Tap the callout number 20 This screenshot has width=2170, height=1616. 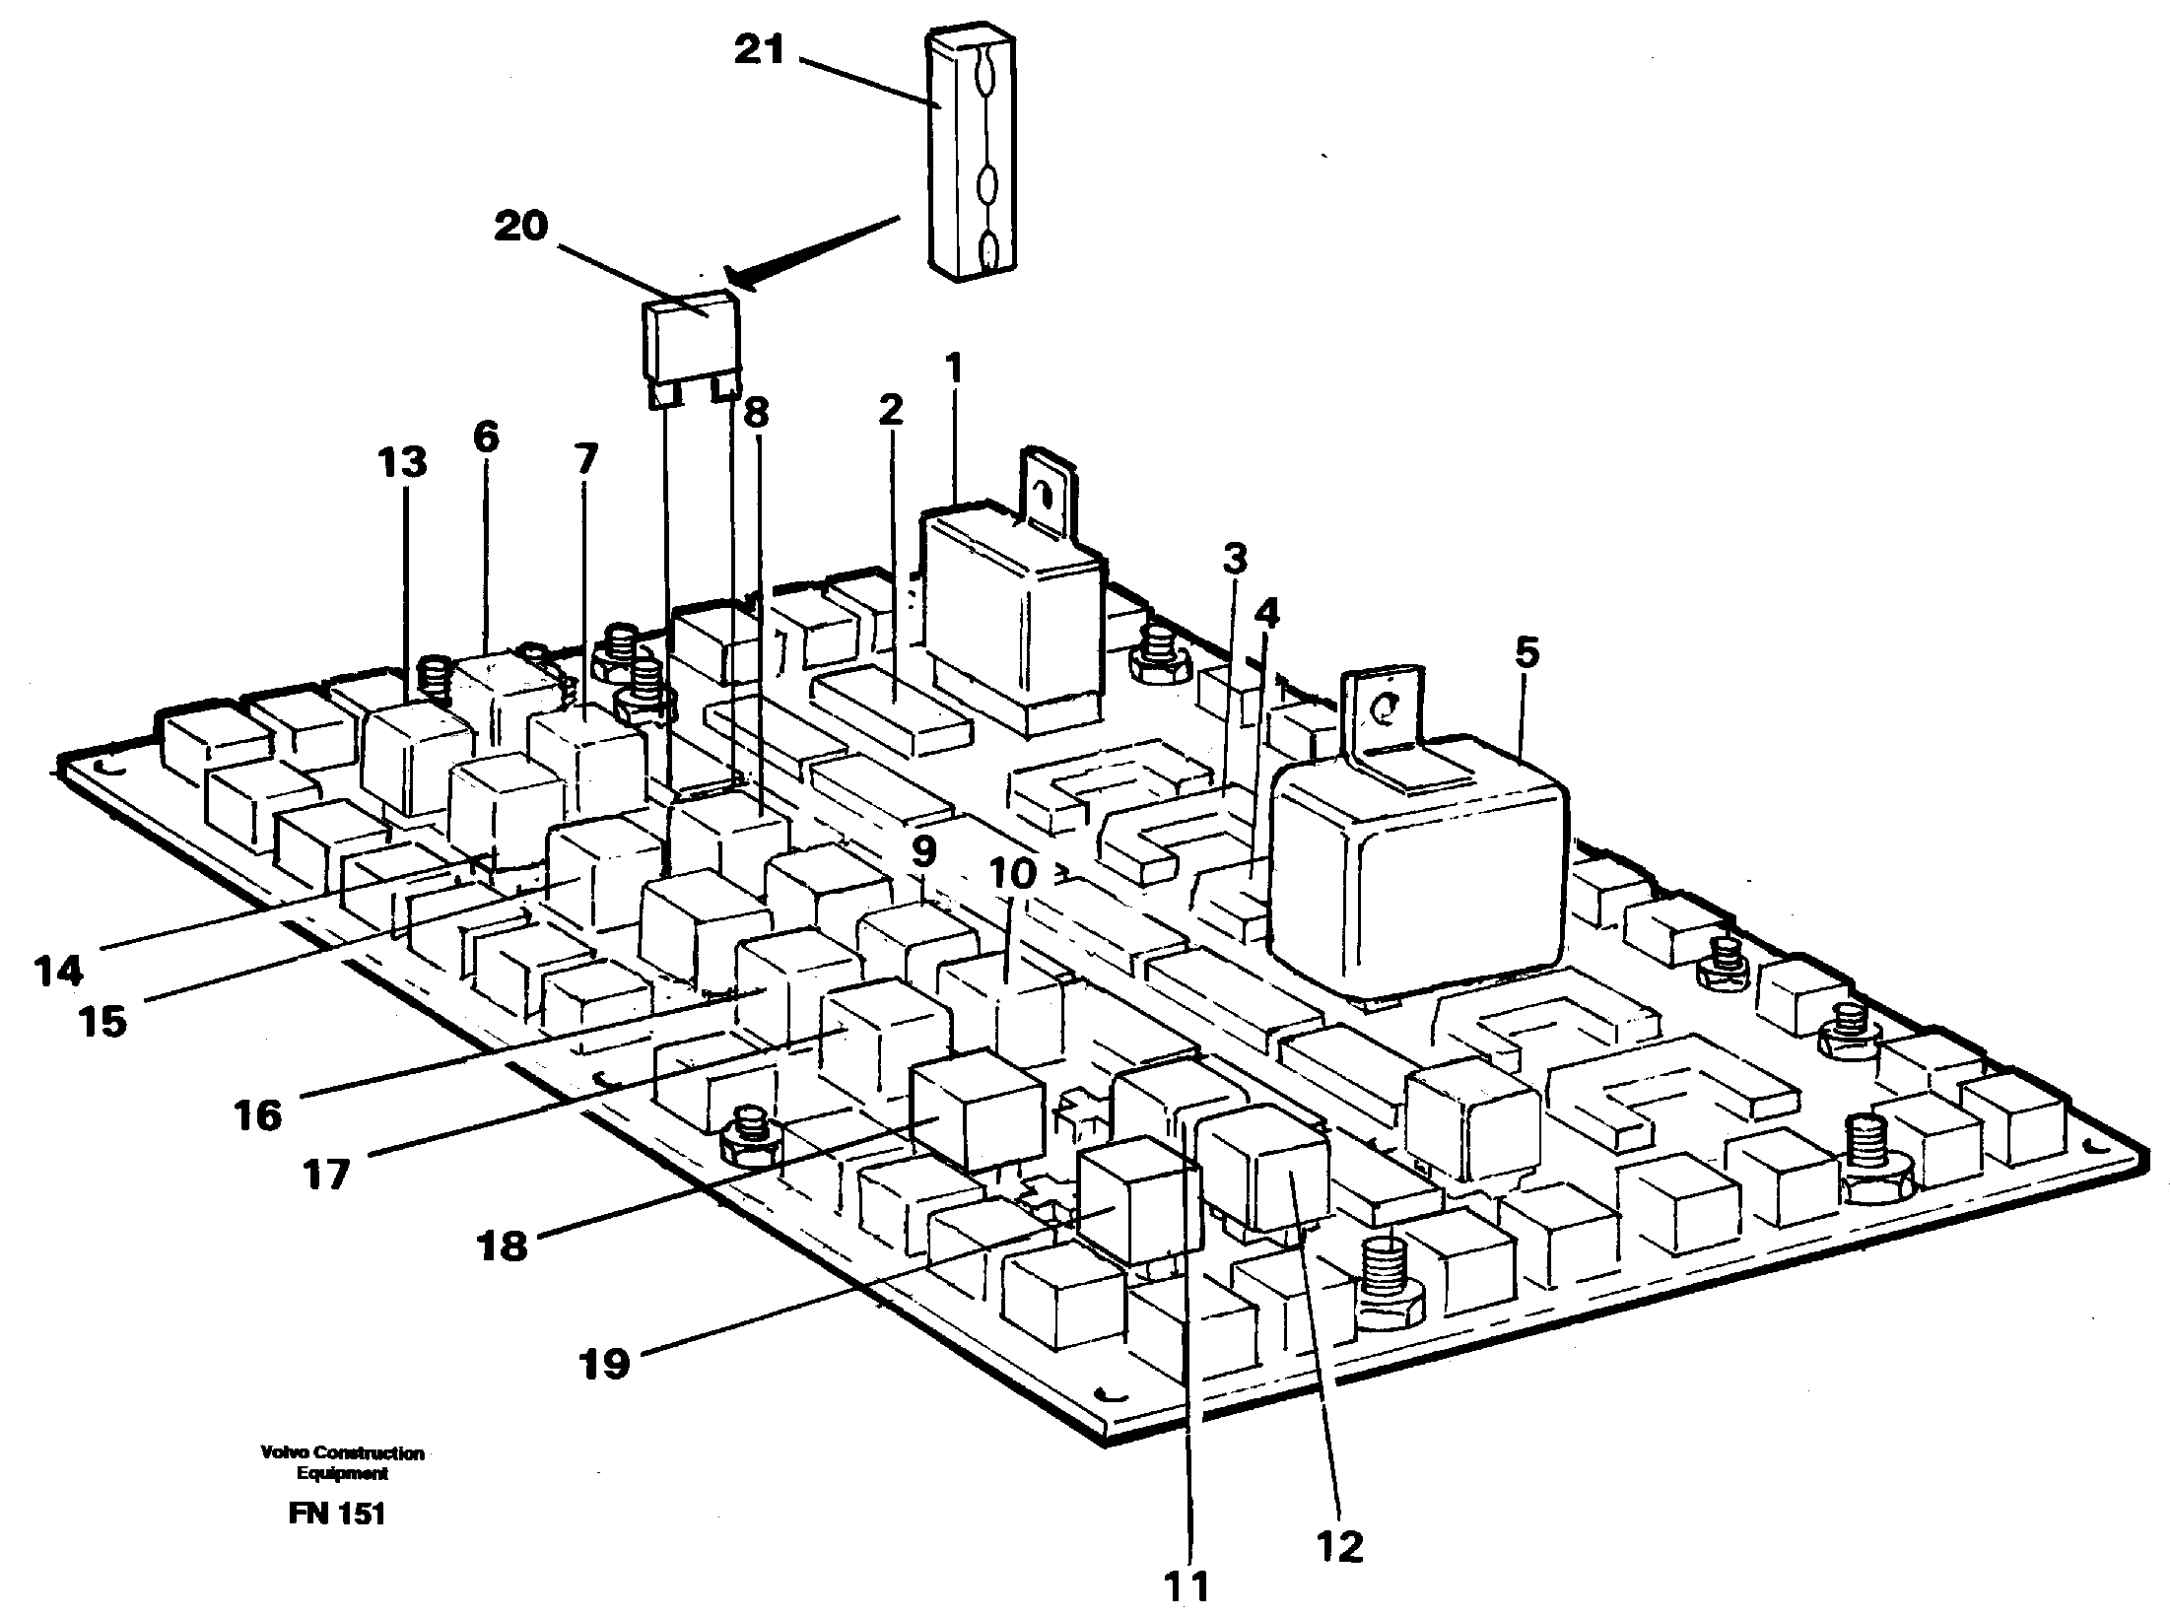(x=520, y=227)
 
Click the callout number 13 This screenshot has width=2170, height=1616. (x=402, y=462)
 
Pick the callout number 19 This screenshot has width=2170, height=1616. (x=604, y=1365)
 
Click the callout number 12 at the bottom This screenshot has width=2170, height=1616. (x=1338, y=1546)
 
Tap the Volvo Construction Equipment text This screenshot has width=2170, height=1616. (x=342, y=1462)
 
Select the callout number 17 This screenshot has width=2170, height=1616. (x=326, y=1175)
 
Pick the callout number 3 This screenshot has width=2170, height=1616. (x=1235, y=559)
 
